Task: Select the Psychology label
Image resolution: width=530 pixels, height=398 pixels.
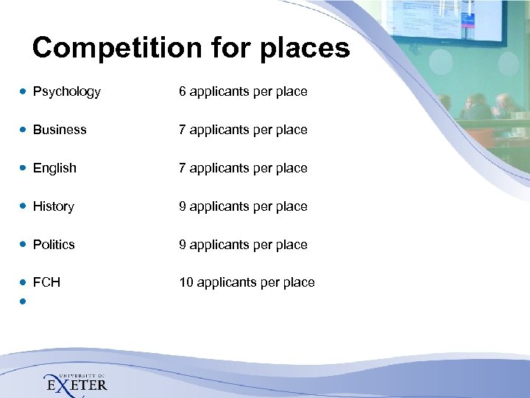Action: pos(67,92)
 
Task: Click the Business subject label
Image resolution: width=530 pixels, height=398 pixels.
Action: pos(60,130)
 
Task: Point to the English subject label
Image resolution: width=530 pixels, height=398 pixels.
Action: pos(54,168)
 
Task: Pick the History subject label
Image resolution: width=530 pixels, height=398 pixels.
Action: pos(54,206)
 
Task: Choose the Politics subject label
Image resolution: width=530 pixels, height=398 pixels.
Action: pos(54,245)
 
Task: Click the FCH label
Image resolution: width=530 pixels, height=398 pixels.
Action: pos(46,282)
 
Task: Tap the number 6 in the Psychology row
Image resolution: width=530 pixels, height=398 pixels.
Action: pos(183,92)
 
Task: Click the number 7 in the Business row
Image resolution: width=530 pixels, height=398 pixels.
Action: pos(183,130)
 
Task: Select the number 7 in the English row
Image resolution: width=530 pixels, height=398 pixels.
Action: pos(183,168)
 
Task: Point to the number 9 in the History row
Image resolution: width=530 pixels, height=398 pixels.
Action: pos(183,206)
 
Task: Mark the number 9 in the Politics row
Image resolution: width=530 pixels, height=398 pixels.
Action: pos(183,245)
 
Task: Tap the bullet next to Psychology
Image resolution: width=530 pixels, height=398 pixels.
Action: pos(24,92)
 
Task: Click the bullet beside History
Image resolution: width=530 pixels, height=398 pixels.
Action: pos(24,206)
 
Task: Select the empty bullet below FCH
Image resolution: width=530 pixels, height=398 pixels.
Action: pos(24,301)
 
